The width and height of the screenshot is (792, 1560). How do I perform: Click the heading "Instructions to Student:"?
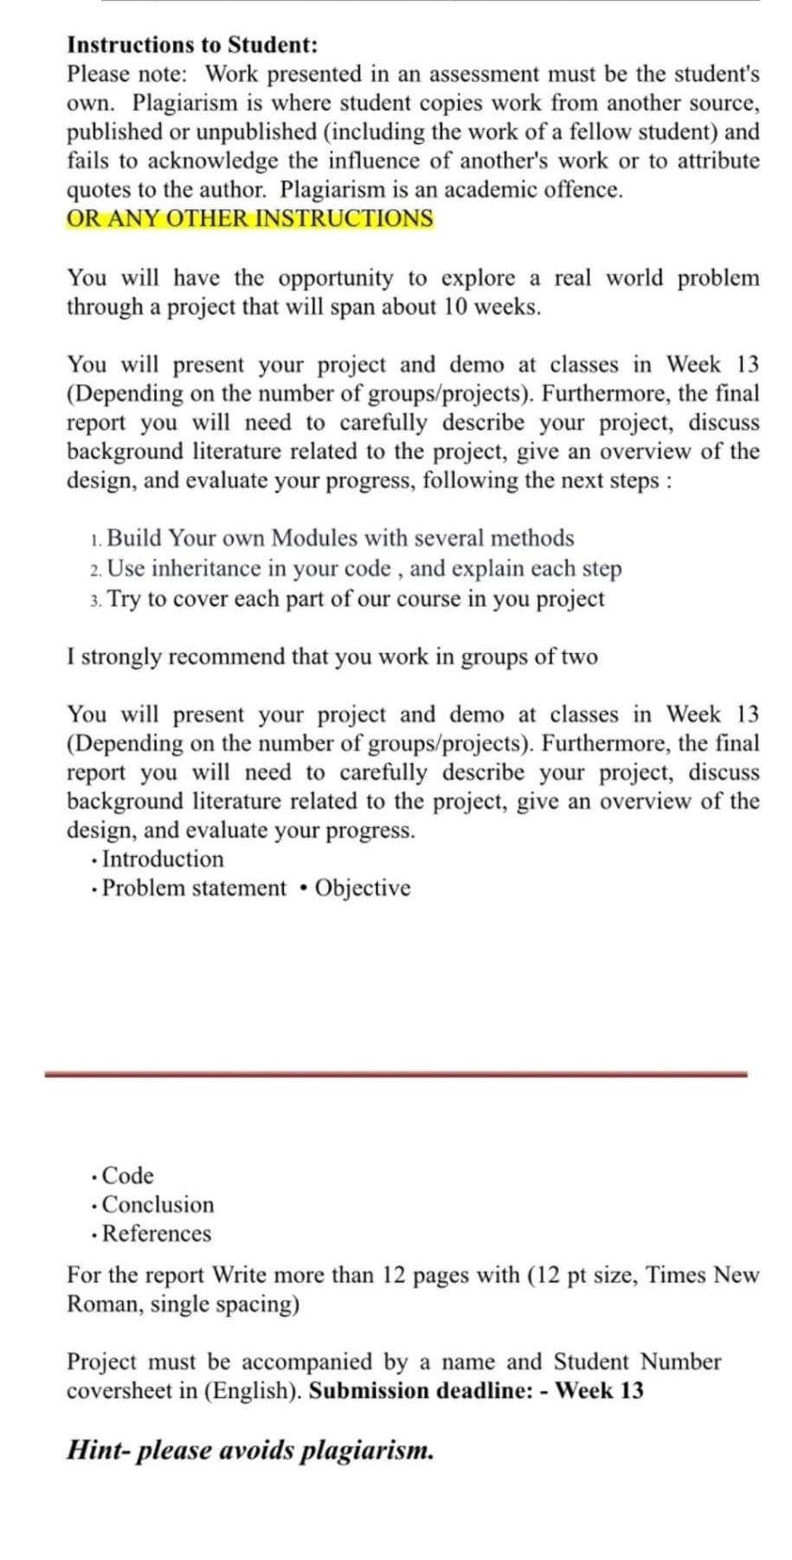(192, 45)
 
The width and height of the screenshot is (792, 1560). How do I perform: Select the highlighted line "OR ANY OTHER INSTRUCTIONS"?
(250, 218)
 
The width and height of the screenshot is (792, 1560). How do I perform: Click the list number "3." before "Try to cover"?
(95, 600)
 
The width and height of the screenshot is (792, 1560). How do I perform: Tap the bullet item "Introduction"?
(163, 859)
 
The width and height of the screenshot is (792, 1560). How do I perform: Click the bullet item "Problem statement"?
(194, 889)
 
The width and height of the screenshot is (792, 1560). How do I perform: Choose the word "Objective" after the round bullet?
(363, 889)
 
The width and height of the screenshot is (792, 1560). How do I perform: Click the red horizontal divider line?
(396, 1074)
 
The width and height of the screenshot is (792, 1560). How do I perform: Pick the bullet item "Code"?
(127, 1176)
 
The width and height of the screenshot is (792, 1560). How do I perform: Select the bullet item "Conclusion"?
(158, 1205)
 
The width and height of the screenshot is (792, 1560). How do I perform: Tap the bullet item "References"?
(157, 1234)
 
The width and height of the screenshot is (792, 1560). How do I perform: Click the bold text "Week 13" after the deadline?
(599, 1391)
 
